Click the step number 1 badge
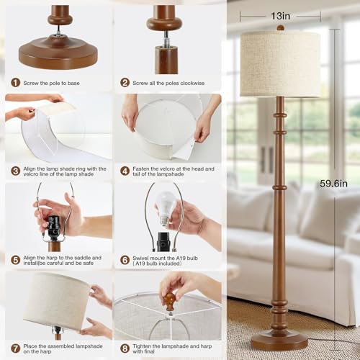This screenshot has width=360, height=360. click(x=16, y=83)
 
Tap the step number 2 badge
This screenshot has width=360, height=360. click(x=125, y=83)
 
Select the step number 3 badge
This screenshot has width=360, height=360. click(x=16, y=171)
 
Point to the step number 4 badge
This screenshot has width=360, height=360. click(x=125, y=171)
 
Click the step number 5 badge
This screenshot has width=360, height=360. click(x=16, y=260)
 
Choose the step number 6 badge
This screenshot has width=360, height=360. click(x=125, y=260)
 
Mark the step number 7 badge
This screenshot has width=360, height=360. click(x=16, y=348)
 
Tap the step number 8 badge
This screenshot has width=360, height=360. click(x=125, y=348)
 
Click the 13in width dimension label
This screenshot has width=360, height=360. click(x=280, y=16)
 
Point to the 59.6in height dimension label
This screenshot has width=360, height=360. click(x=333, y=184)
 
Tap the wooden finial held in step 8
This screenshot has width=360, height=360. click(x=170, y=302)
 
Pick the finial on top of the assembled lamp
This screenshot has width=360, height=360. click(x=280, y=28)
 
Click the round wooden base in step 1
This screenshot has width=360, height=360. click(x=58, y=52)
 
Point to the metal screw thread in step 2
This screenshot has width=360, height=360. click(x=166, y=39)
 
